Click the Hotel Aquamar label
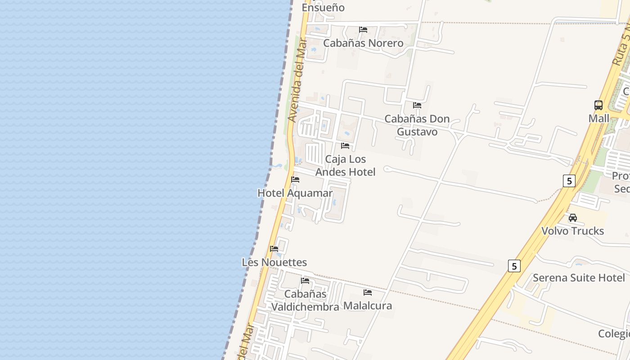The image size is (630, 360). (295, 193)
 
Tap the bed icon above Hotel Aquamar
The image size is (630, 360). (295, 180)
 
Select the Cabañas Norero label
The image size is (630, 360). (363, 43)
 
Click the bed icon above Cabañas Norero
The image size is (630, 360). (363, 30)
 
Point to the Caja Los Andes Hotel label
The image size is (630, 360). (345, 166)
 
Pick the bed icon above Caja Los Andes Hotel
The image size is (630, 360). (345, 146)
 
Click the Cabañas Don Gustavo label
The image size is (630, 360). (417, 125)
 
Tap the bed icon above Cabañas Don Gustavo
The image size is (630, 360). (417, 105)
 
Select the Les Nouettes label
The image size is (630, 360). (274, 262)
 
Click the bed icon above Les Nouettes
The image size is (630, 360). (274, 249)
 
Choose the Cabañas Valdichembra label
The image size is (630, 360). (305, 301)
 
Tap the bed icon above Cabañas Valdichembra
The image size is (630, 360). (305, 281)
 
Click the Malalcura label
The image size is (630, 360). (368, 306)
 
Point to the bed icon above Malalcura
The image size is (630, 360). (368, 292)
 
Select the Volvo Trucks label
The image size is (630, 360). (572, 231)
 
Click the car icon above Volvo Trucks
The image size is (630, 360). (572, 218)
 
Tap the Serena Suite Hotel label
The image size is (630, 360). (579, 278)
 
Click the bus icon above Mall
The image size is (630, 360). (598, 105)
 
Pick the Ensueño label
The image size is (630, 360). (323, 8)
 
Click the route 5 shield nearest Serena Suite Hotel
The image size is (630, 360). (514, 265)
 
